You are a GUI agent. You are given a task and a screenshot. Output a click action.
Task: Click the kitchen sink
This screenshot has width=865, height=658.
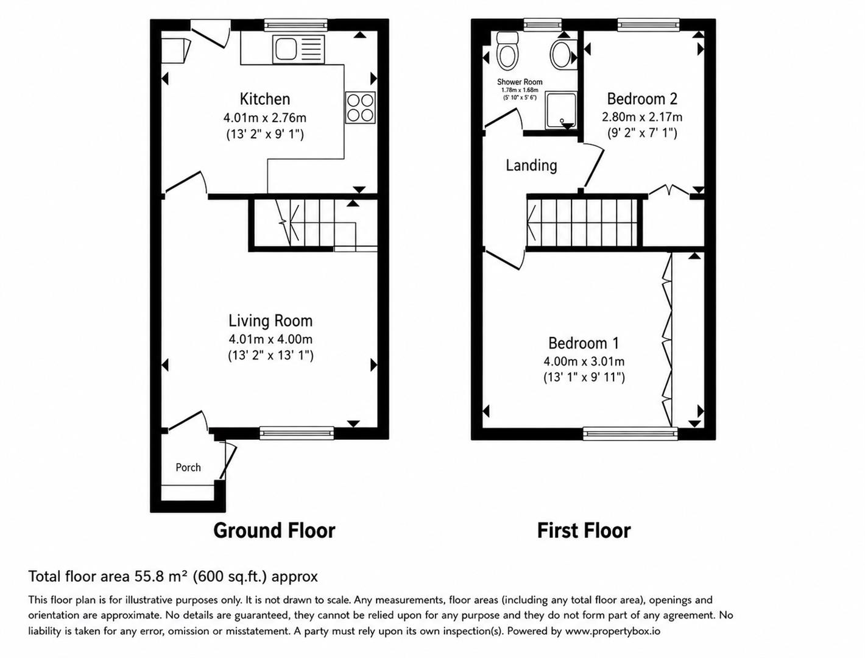pos(298,49)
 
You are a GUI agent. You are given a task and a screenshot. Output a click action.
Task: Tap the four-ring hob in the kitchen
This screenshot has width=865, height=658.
pos(360,108)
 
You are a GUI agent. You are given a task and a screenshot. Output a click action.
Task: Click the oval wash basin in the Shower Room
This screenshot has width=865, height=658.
pos(560,54)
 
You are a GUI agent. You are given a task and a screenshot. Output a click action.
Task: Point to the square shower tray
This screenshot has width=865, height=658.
pos(561,110)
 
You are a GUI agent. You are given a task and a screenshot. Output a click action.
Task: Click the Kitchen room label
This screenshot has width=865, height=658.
pos(265,99)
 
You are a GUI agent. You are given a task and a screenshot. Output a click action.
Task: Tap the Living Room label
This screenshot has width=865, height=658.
pos(270,320)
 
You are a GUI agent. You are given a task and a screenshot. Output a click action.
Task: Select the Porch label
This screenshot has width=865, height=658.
pos(188,467)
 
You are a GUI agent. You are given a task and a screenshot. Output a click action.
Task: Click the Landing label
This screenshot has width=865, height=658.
pos(531,166)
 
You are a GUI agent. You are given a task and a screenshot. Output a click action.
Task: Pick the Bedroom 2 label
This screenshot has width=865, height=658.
pos(642,99)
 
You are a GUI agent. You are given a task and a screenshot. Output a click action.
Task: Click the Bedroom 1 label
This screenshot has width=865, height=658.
pos(583,343)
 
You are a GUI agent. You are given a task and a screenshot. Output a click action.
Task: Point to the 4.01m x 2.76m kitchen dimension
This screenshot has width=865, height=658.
pos(264,118)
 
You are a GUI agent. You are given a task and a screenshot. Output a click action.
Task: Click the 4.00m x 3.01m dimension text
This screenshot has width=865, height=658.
pos(584,361)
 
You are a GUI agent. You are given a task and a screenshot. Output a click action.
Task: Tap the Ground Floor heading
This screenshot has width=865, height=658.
pos(274,530)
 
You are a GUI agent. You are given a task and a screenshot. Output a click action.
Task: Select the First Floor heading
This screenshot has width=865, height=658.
pos(584,530)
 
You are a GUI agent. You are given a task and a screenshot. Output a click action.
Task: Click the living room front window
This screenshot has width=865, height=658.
pos(297,433)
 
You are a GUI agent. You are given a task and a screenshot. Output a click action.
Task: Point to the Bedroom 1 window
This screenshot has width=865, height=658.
pos(630,433)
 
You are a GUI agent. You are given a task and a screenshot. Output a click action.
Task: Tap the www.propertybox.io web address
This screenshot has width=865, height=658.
pos(612,631)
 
